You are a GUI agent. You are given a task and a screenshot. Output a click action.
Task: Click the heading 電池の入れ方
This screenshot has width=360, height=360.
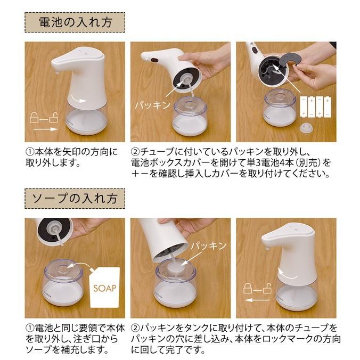[75, 22]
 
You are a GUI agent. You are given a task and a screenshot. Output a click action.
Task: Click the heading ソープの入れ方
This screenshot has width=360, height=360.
[75, 199]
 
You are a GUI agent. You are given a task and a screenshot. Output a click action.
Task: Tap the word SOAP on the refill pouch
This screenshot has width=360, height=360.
[104, 288]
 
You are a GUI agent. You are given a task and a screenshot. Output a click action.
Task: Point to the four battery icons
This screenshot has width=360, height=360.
[316, 107]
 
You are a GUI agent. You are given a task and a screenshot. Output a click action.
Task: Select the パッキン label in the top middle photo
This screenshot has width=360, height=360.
[153, 105]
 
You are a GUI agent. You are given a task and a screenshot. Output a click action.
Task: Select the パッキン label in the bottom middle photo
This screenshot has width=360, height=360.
[208, 246]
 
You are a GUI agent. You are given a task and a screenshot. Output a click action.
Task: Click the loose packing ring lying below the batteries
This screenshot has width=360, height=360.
[307, 128]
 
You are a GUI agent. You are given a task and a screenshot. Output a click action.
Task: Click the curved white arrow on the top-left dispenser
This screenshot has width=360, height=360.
[79, 99]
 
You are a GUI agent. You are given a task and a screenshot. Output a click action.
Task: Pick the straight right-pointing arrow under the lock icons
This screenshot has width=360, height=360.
[45, 129]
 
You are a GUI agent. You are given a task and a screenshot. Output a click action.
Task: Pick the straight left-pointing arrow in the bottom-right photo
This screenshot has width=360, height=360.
[257, 300]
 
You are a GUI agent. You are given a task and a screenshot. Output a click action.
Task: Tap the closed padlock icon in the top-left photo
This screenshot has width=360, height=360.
[34, 117]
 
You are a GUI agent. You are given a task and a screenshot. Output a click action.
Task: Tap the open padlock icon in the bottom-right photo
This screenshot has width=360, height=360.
[267, 289]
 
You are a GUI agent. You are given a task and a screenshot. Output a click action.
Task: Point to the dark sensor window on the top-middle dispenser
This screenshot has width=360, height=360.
[154, 61]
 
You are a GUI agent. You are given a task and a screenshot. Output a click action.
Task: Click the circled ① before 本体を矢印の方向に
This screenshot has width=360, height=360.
[30, 152]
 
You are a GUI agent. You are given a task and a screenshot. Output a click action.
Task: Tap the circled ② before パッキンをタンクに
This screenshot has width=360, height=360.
[135, 328]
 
